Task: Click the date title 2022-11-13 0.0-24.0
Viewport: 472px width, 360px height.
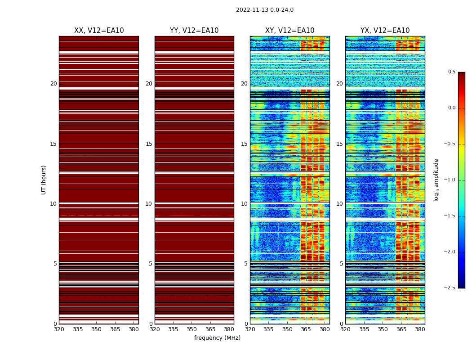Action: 264,10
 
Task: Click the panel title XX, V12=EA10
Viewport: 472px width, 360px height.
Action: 99,31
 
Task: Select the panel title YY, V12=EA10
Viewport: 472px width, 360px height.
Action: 194,31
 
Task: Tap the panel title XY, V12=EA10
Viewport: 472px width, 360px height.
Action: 289,31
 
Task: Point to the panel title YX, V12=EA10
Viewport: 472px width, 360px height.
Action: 385,31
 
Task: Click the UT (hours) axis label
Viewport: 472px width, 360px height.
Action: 44,180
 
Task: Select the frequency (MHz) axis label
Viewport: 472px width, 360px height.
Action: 217,338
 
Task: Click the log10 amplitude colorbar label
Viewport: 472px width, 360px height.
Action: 436,180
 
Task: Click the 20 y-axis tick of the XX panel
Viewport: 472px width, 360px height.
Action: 53,84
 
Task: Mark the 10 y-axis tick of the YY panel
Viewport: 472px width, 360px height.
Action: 149,204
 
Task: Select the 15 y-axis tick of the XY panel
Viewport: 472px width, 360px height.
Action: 244,144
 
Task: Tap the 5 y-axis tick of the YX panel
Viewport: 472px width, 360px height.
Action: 341,264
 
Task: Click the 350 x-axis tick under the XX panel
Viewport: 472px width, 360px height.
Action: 96,329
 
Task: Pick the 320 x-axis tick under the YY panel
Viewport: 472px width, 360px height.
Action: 155,329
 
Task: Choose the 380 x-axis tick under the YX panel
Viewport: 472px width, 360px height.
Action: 420,329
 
